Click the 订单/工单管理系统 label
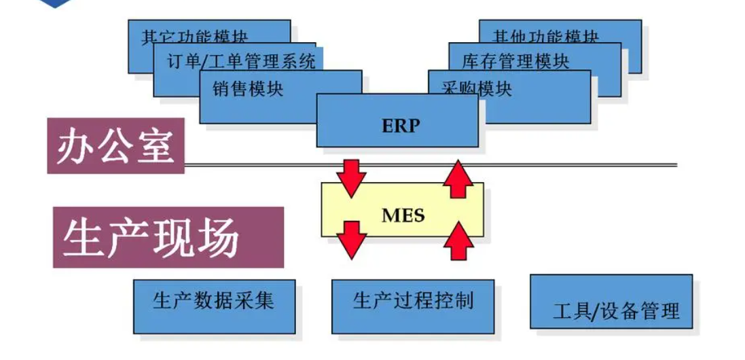(x=241, y=62)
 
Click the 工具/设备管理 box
(x=611, y=310)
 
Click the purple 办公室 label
(x=115, y=145)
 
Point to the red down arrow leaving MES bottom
(x=351, y=238)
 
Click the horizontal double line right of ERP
(x=577, y=164)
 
